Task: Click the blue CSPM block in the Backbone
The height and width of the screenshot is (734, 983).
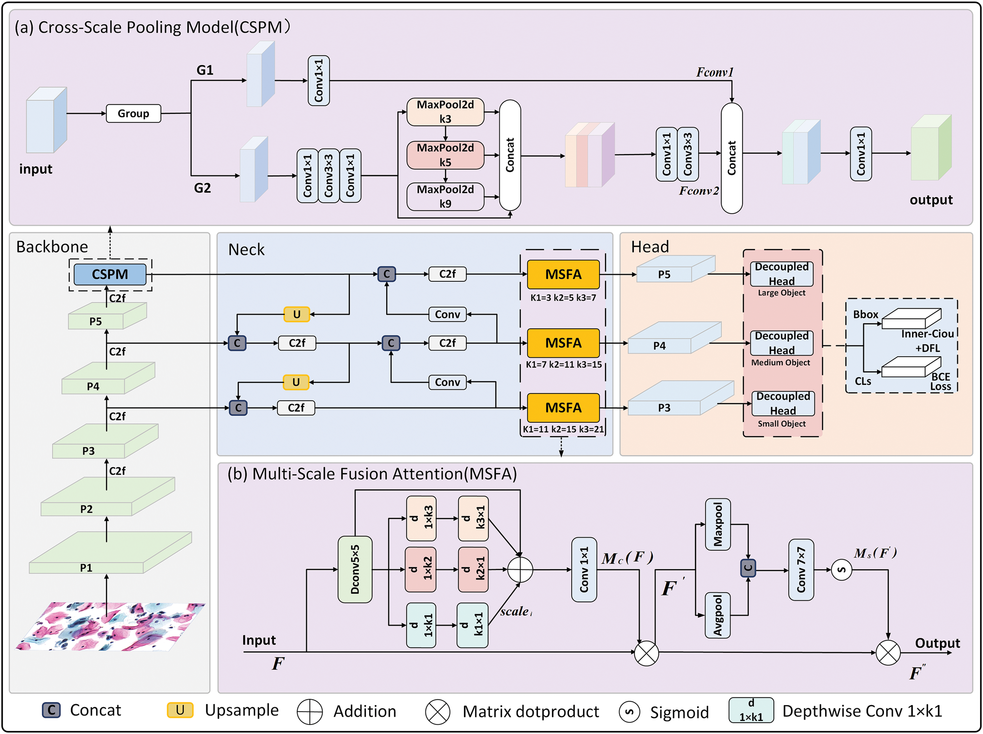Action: click(x=110, y=274)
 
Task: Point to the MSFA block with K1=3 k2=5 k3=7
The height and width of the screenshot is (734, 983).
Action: click(x=563, y=274)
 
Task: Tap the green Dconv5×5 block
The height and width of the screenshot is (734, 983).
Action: click(x=355, y=569)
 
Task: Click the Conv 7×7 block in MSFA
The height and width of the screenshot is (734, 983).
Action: click(x=801, y=569)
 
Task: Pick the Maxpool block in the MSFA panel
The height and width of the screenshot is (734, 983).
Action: click(x=717, y=524)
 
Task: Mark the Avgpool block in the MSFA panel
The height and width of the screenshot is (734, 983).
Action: click(x=717, y=615)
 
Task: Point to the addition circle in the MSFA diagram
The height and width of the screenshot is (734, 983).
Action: click(x=520, y=569)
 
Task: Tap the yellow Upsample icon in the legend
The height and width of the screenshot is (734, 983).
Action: click(x=180, y=710)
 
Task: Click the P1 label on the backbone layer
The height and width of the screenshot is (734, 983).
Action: click(x=86, y=567)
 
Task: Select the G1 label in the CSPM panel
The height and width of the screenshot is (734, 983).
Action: click(x=205, y=70)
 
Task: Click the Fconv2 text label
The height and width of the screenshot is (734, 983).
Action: click(x=698, y=191)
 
